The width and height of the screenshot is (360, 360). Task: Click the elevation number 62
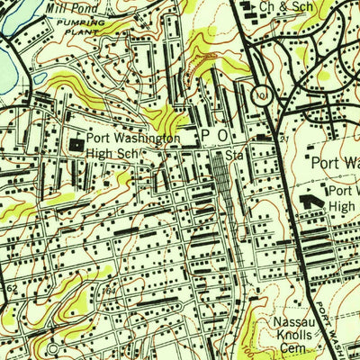point(10,288)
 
